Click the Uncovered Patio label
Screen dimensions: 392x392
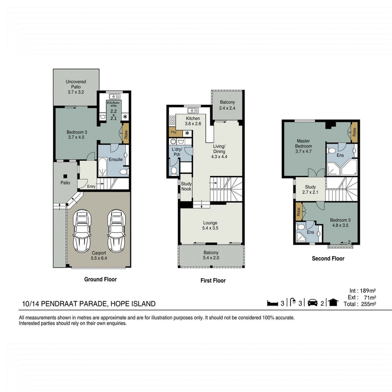pos(76,87)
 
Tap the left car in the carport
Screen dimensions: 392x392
pos(82,231)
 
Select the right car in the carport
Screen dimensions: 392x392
pos(116,231)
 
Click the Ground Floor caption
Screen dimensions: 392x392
pos(100,279)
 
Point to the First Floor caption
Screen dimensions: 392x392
pos(213,280)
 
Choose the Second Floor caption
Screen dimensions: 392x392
pos(328,259)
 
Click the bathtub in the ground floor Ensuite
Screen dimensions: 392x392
pos(102,167)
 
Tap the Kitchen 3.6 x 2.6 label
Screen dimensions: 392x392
pos(193,121)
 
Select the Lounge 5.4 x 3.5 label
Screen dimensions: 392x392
pos(210,225)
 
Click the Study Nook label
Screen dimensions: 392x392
pos(186,186)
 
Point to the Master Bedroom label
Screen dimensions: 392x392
pos(303,146)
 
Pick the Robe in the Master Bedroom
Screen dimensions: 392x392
pos(354,132)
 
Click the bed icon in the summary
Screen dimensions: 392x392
pos(272,303)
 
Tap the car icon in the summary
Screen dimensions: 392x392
pos(313,302)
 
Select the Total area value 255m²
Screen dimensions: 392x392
pos(368,304)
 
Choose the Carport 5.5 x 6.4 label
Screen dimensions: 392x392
pos(99,255)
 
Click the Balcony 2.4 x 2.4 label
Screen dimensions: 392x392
pos(227,105)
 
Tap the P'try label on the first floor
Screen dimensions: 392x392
pos(173,132)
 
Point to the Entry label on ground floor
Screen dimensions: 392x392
pos(91,187)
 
